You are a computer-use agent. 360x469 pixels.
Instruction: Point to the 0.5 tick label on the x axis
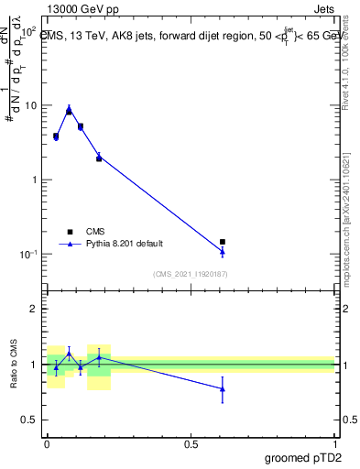[x=191, y=444]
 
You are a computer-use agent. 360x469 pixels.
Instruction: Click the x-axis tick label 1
[x=334, y=444]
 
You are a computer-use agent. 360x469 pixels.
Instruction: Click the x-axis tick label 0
[x=47, y=444]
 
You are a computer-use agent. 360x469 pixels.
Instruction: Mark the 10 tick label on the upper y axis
[x=30, y=105]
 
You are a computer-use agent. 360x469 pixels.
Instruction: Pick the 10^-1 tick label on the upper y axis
[x=28, y=254]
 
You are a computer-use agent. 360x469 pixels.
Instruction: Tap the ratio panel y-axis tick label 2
[x=35, y=309]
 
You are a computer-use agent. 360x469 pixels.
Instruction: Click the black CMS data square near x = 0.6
[x=223, y=242]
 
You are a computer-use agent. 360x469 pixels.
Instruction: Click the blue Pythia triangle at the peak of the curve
[x=69, y=109]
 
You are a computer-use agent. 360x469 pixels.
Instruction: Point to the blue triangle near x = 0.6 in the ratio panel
[x=223, y=388]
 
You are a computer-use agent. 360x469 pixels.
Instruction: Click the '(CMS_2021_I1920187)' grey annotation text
[x=190, y=273]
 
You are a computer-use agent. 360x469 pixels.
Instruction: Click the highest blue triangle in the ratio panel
[x=69, y=353]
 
